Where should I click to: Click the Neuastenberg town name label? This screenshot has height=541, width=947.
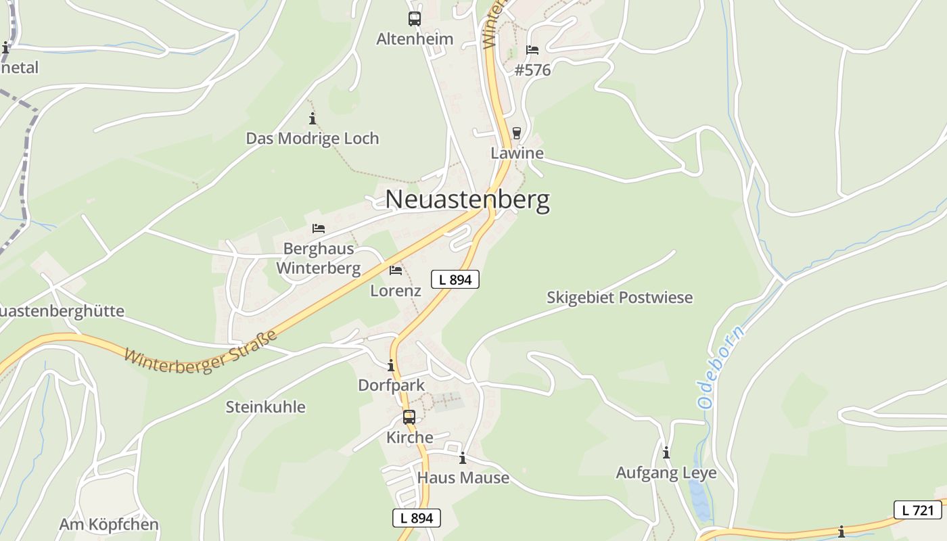pos(467,200)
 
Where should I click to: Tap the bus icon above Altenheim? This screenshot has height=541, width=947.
pos(415,19)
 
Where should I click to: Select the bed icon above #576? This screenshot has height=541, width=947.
pos(532,50)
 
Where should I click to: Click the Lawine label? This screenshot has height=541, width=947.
pos(517,153)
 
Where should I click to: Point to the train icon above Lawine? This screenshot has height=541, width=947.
pos(517,133)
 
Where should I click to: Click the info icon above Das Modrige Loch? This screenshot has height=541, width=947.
pos(313,119)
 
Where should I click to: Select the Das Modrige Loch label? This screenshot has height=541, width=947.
pos(313,139)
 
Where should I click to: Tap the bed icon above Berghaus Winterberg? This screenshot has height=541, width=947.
pos(319,229)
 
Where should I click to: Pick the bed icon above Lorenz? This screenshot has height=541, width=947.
pos(396,270)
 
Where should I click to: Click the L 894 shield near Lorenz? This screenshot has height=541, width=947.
pos(455,279)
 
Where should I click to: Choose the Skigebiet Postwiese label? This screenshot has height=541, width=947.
pos(620,298)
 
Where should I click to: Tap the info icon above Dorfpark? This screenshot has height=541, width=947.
pos(391,366)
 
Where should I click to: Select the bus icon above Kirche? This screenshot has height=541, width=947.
pos(409,417)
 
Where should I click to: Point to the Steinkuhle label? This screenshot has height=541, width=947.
pos(265,407)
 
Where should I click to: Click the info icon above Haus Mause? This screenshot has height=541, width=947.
pos(463,458)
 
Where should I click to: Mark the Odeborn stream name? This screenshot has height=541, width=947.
pos(721,367)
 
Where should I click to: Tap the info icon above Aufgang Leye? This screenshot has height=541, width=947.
pos(666,452)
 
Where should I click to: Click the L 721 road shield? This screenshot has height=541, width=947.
pos(918,510)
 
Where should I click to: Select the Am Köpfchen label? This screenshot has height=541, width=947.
pos(109,525)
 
